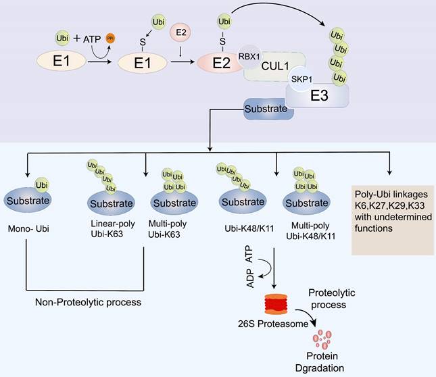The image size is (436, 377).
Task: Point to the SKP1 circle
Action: click(x=302, y=80)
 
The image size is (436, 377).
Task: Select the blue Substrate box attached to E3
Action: click(x=268, y=107)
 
